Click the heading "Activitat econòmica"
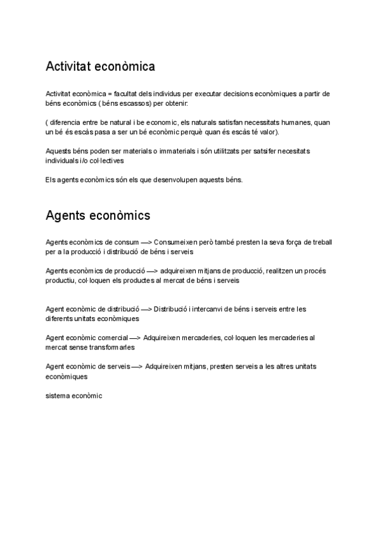pyautogui.click(x=100, y=66)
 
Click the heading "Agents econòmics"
pyautogui.click(x=98, y=215)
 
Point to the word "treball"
pyautogui.click(x=320, y=243)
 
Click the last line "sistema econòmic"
pyautogui.click(x=73, y=396)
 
